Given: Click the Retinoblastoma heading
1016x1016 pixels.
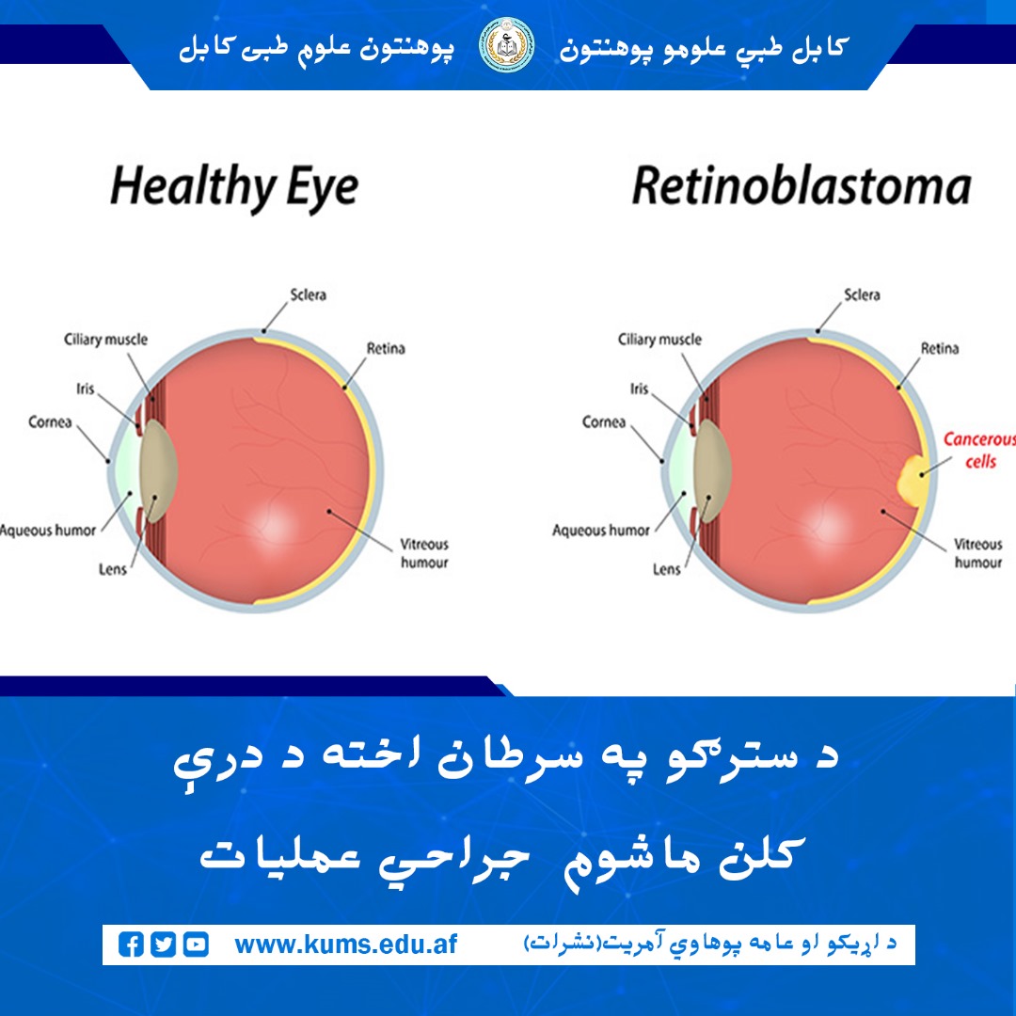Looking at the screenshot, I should point(801,185).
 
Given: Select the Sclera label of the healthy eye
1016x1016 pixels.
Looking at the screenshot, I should point(308,295).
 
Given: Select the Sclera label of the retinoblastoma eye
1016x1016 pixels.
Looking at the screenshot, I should point(862,295).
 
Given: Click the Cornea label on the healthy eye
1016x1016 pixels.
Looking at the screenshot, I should point(50,422).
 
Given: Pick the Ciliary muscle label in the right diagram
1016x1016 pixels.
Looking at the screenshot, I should point(659,340).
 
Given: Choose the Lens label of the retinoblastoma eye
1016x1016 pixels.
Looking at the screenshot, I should point(666,569).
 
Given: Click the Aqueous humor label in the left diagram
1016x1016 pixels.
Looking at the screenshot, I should point(47,531).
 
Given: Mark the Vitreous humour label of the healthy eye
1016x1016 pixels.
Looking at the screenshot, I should point(424,553).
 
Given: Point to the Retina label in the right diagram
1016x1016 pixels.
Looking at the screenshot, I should point(939,349).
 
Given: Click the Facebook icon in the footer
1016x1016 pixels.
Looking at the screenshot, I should point(132,945).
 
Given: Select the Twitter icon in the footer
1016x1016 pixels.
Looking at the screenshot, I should point(164,945).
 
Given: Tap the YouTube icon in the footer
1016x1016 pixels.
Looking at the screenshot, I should point(196,945).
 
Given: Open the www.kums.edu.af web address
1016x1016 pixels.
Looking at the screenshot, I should point(345,945).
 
